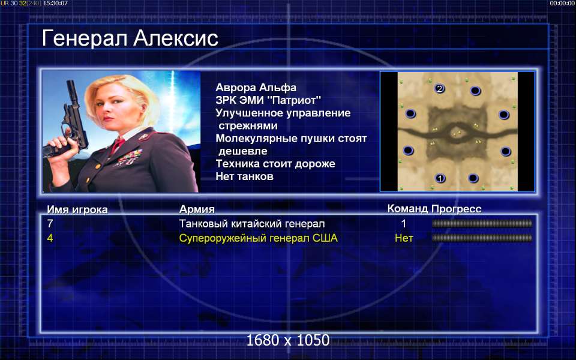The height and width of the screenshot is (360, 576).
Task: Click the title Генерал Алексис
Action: click(x=130, y=38)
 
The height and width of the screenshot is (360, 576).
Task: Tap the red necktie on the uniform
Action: click(x=118, y=145)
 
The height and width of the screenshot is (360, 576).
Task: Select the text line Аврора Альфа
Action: click(x=256, y=88)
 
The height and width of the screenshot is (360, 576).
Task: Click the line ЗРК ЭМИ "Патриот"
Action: click(x=268, y=100)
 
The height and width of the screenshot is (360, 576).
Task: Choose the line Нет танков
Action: click(x=245, y=176)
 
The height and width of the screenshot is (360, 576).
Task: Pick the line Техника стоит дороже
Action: click(x=275, y=163)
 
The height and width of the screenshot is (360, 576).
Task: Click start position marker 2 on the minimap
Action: click(x=439, y=89)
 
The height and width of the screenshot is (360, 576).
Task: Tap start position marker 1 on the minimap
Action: click(x=440, y=179)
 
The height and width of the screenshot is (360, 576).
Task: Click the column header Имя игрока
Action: click(x=77, y=209)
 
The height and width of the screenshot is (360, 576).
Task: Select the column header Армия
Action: click(x=197, y=209)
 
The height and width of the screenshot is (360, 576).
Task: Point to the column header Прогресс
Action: click(x=456, y=209)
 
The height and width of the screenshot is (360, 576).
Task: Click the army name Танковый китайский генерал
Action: click(x=252, y=223)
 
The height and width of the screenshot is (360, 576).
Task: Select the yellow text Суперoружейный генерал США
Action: click(x=258, y=238)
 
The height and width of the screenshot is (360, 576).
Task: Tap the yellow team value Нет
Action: click(x=404, y=238)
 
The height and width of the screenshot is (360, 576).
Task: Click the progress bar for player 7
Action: click(x=482, y=223)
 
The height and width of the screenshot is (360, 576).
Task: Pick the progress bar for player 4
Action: click(x=482, y=238)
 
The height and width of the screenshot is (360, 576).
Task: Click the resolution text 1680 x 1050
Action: click(x=287, y=340)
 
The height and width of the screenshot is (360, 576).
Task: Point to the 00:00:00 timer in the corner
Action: click(x=562, y=4)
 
